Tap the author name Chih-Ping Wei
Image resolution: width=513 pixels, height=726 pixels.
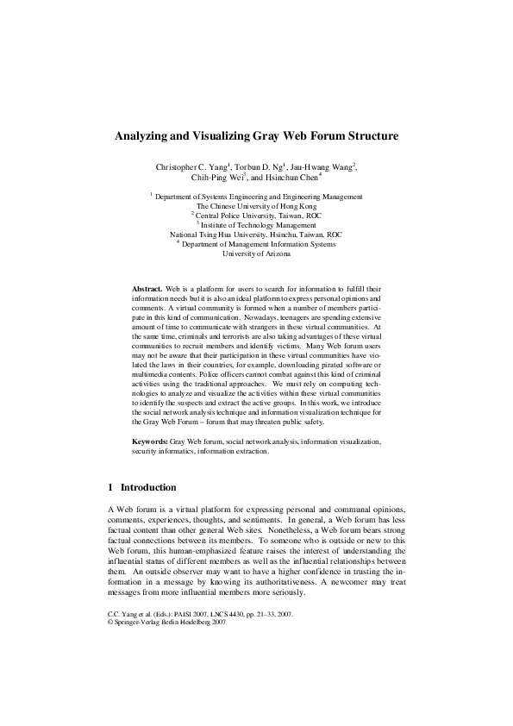(x=216, y=178)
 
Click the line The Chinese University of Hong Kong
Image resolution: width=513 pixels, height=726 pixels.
(x=256, y=206)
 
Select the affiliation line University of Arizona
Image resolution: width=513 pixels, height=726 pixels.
(x=256, y=253)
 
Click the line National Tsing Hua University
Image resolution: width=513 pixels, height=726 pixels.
(x=256, y=235)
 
